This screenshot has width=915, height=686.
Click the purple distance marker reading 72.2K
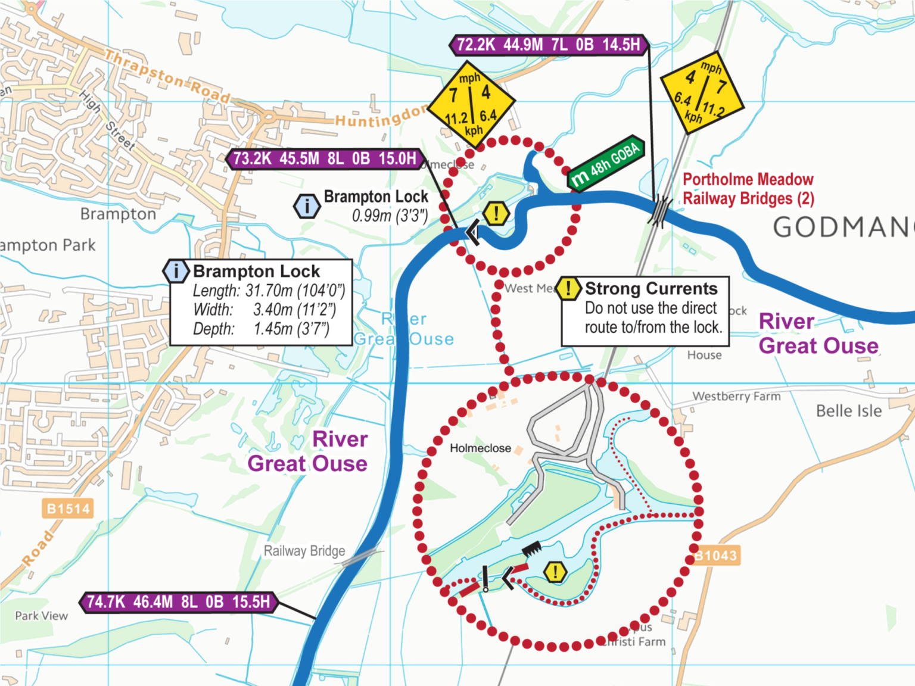coord(548,45)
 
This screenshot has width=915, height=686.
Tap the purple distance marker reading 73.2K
coord(325,159)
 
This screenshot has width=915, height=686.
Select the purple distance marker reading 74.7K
coord(178,602)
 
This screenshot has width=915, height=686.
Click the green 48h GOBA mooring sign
coord(606,163)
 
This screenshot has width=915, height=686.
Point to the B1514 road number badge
coord(68,509)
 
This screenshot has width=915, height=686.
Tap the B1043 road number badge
coord(716,556)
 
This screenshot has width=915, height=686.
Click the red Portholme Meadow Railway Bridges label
coord(748,189)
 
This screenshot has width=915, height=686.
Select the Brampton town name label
coord(118,214)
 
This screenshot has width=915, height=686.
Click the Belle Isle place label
coord(848,411)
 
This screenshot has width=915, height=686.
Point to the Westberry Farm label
coord(736,396)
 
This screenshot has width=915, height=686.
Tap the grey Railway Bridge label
coord(304,551)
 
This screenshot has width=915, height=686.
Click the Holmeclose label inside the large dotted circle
coord(480,448)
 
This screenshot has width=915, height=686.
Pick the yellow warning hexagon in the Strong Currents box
coord(568,289)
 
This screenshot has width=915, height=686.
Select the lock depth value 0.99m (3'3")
coord(390,216)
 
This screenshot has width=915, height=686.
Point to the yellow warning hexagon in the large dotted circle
coord(555,573)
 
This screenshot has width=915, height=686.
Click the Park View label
coord(41,616)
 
